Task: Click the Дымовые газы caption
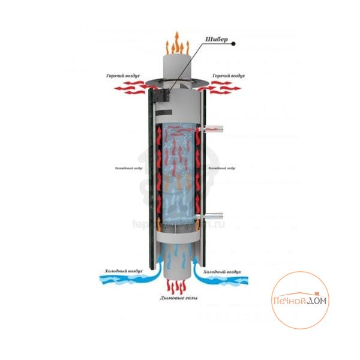pyautogui.click(x=178, y=298)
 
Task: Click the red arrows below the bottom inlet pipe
pyautogui.click(x=178, y=285)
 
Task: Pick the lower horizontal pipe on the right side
pyautogui.click(x=213, y=216)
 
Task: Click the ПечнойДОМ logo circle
pyautogui.click(x=300, y=299)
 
